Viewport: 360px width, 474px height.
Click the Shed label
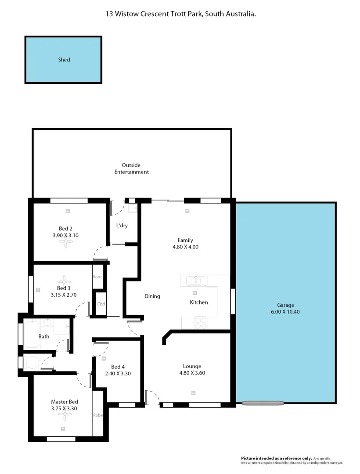[64, 60]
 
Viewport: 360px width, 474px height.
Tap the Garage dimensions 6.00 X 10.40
[285, 312]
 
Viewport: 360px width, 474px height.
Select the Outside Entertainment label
[131, 169]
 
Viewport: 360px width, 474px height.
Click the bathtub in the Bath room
[32, 335]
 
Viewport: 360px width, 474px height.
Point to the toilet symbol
[31, 363]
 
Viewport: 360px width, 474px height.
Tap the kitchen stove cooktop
[201, 323]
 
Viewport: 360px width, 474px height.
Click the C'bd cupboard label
[101, 304]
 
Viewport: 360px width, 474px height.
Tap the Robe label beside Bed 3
[97, 277]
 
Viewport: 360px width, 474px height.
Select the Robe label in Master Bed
[97, 415]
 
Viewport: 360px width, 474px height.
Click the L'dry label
[122, 226]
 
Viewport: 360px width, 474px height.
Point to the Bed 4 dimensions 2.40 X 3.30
[118, 374]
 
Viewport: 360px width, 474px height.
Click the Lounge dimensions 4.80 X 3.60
[192, 373]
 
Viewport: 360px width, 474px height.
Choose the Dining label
[152, 296]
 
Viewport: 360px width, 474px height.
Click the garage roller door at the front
[263, 402]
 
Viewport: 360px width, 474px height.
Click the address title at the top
[180, 14]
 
